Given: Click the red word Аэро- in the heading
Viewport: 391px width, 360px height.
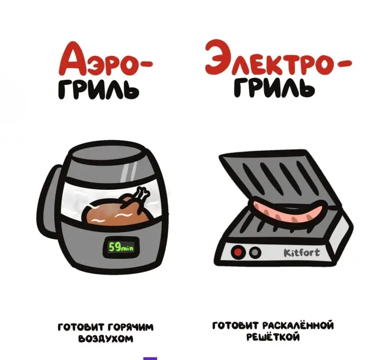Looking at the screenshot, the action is [x=106, y=59].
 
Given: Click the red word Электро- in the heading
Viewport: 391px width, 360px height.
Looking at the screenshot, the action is [x=279, y=57].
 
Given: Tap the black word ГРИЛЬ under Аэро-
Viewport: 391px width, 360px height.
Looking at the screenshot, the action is [x=99, y=89].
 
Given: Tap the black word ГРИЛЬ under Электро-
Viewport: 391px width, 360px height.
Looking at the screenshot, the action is [x=274, y=88].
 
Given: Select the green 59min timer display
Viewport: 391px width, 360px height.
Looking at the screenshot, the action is [x=121, y=247].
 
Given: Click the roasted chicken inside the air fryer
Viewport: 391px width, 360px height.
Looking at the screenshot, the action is [x=117, y=210].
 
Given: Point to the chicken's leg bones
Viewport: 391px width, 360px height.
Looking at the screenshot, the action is [x=141, y=194].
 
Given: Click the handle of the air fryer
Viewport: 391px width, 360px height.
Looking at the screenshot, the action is [x=50, y=199].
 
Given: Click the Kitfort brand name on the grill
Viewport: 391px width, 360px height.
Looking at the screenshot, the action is [x=302, y=253].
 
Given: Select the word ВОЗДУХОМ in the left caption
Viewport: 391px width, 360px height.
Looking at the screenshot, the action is [x=106, y=339].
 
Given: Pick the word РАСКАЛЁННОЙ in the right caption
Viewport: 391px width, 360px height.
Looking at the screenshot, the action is [x=298, y=325].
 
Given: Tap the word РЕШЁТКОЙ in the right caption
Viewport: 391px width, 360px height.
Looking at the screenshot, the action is [x=273, y=337].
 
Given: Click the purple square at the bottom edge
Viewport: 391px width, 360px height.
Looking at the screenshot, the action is [x=150, y=358].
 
